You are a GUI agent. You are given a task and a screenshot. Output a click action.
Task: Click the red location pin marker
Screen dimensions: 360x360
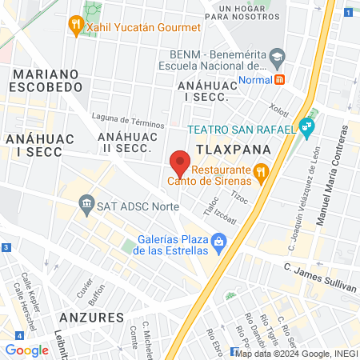[x=181, y=163]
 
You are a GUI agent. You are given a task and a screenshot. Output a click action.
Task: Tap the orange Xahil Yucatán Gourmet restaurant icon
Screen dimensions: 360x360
[x=76, y=26]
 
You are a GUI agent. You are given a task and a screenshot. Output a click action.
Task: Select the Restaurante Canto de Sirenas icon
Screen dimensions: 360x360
[x=260, y=171]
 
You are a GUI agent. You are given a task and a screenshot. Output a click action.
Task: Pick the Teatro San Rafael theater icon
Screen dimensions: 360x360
[x=306, y=125]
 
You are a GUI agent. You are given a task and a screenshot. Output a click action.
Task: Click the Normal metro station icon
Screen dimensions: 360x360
[x=279, y=79]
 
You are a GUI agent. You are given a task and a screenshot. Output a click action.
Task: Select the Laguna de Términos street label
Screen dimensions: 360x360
[x=128, y=120]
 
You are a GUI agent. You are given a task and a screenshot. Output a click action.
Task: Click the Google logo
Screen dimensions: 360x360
[x=26, y=350]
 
